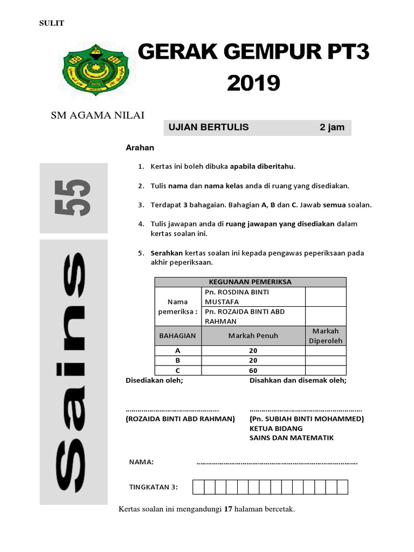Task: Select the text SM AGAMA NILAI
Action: coord(97,115)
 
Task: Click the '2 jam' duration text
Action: coord(332,128)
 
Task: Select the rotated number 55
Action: coord(74,198)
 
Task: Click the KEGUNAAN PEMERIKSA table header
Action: coord(250,282)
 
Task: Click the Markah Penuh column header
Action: coord(253,335)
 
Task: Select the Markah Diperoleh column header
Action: coord(325,335)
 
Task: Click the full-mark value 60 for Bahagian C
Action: coord(253,371)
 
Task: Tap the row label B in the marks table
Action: coord(177,360)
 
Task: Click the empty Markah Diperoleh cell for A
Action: coord(325,350)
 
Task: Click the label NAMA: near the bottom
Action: coord(141,462)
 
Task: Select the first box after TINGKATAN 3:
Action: coord(198,487)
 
